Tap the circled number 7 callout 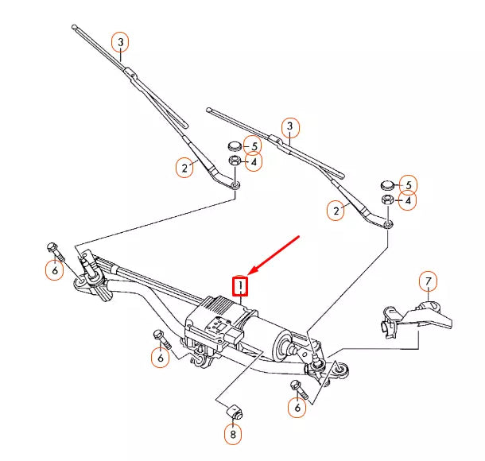tap(428, 281)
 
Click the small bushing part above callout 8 tap(233, 411)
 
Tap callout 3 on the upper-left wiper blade tap(120, 41)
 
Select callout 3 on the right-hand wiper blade tap(290, 126)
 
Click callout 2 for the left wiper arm tap(185, 168)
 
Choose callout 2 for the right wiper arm tap(337, 210)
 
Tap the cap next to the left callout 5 tap(235, 146)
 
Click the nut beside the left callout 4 tap(235, 161)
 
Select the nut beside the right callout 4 tap(388, 200)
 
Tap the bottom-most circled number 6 tap(297, 408)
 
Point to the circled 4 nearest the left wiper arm tap(253, 162)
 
